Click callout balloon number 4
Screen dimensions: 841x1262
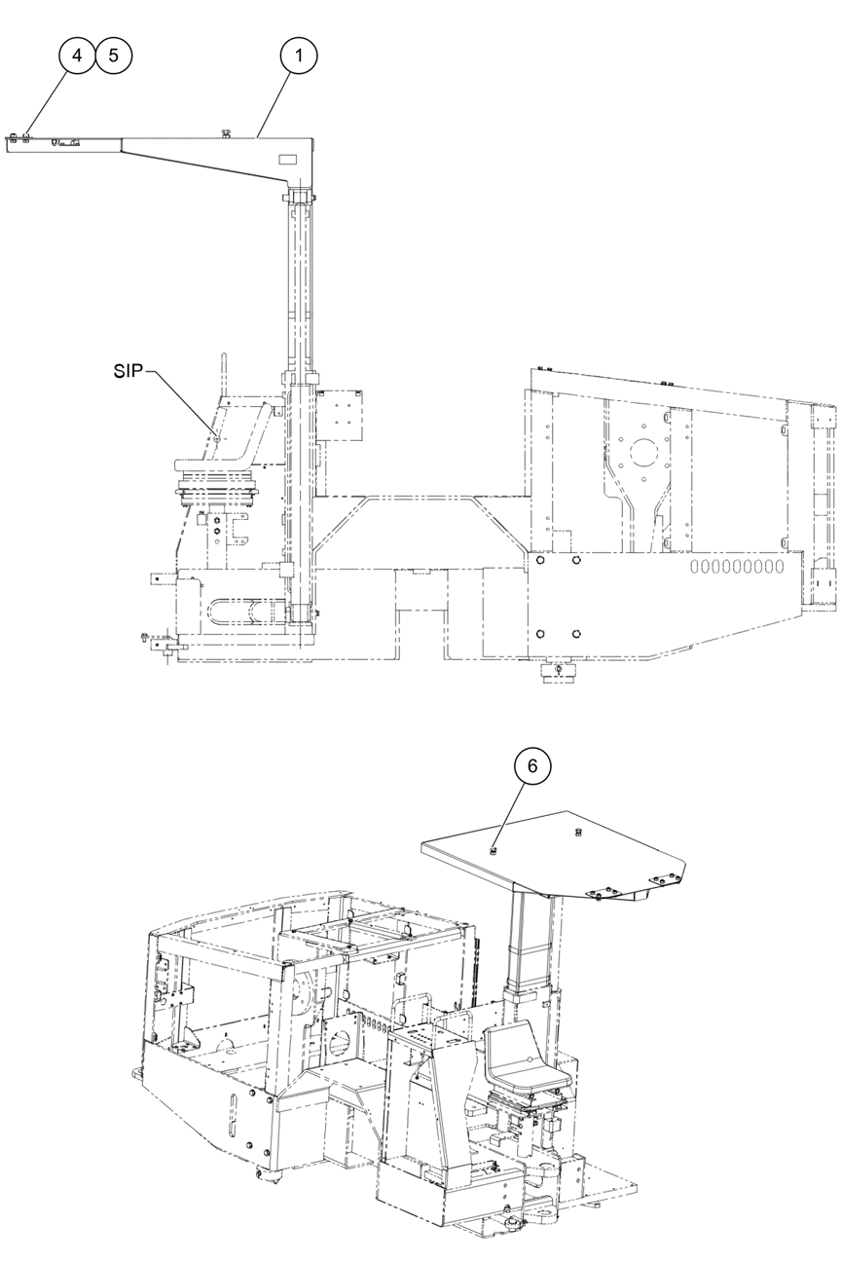(77, 56)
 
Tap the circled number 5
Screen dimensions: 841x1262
(114, 56)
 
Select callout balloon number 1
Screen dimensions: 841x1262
(299, 56)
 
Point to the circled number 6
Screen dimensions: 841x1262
(532, 765)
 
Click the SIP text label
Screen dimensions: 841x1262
(128, 372)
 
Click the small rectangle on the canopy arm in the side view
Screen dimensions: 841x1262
(287, 160)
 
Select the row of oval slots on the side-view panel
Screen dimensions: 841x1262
(737, 566)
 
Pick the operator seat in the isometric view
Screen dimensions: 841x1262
(528, 1056)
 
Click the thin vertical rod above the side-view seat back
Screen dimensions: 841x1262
(224, 374)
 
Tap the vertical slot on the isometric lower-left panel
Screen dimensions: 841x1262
(232, 1117)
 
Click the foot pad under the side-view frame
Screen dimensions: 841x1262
(558, 672)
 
